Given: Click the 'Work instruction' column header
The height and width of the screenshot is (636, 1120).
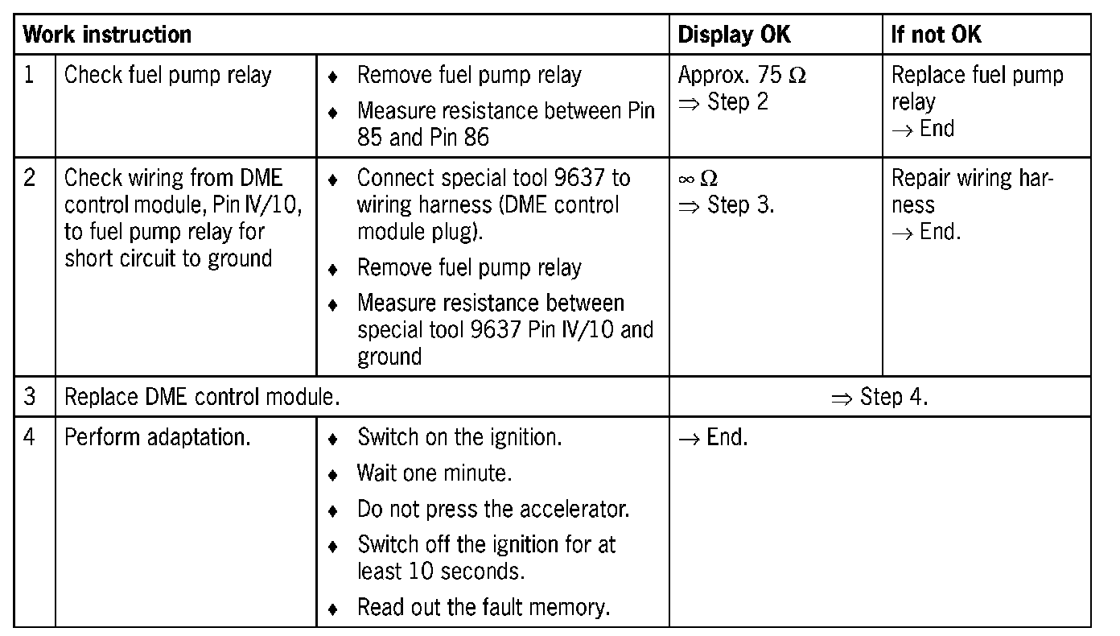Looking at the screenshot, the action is coord(107,35).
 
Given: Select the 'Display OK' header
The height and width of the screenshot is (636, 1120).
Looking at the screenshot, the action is coord(734,35).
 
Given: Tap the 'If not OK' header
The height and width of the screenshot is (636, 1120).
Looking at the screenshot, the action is coord(936,35).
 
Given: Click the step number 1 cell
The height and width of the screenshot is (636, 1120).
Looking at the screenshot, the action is coord(30,76).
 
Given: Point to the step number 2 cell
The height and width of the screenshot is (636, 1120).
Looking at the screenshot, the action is coord(30,178).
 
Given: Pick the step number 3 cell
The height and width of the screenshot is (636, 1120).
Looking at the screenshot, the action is coord(30,397).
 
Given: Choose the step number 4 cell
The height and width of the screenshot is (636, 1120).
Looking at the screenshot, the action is coord(30,437).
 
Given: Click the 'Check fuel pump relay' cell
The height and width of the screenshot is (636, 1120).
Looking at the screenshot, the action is coord(168,76).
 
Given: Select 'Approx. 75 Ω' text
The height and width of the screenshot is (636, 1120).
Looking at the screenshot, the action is coord(741,76).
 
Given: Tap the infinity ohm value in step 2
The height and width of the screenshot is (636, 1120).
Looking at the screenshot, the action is coord(697,179).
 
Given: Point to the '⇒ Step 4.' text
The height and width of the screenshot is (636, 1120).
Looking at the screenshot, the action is coord(879,397).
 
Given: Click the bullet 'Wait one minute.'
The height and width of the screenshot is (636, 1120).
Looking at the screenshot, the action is coord(434,473).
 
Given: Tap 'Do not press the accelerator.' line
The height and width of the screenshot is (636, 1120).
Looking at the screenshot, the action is coord(493,510).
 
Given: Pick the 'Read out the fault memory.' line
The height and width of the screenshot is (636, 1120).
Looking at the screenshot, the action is coord(483,606).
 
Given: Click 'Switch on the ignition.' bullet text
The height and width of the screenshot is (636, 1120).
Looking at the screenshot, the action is coord(459,437).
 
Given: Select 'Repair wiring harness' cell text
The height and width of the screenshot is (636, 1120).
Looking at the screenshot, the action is coord(972,191).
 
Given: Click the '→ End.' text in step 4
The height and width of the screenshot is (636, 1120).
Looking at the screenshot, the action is coord(713,437).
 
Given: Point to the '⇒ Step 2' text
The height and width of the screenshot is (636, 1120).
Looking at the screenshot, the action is coord(723,102).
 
